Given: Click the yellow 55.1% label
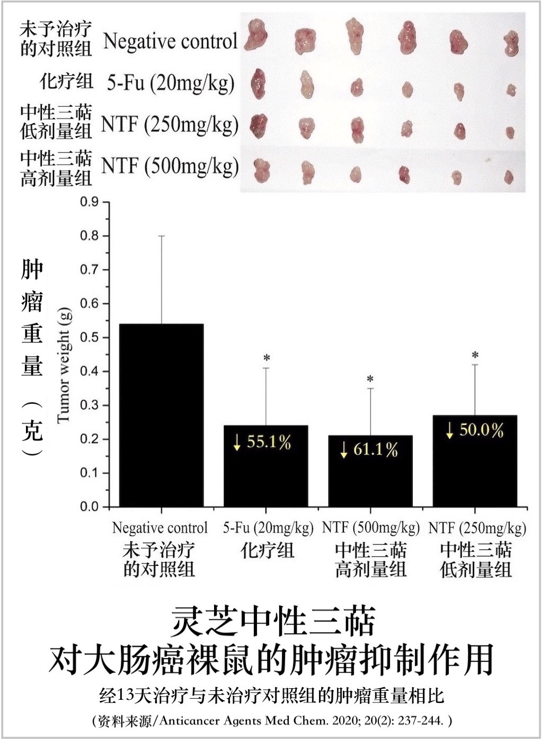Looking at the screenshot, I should [263, 442].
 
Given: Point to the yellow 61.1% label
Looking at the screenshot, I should [370, 450].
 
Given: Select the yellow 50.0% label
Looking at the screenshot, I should [475, 430].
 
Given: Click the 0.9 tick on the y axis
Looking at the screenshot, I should [90, 202].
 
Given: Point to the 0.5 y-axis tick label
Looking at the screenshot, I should [90, 337].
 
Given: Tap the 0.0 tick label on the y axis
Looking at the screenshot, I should [90, 507].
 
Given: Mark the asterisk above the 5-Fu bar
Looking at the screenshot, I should [266, 358].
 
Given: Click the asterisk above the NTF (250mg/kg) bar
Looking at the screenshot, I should [475, 355].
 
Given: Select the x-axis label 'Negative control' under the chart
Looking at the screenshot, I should [160, 528].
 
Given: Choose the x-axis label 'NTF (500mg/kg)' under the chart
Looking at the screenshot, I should [371, 528].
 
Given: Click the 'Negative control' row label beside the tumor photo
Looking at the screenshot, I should [170, 41].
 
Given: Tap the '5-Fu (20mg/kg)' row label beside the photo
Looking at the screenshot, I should [171, 83].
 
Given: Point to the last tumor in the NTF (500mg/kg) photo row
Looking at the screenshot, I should [509, 176].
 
